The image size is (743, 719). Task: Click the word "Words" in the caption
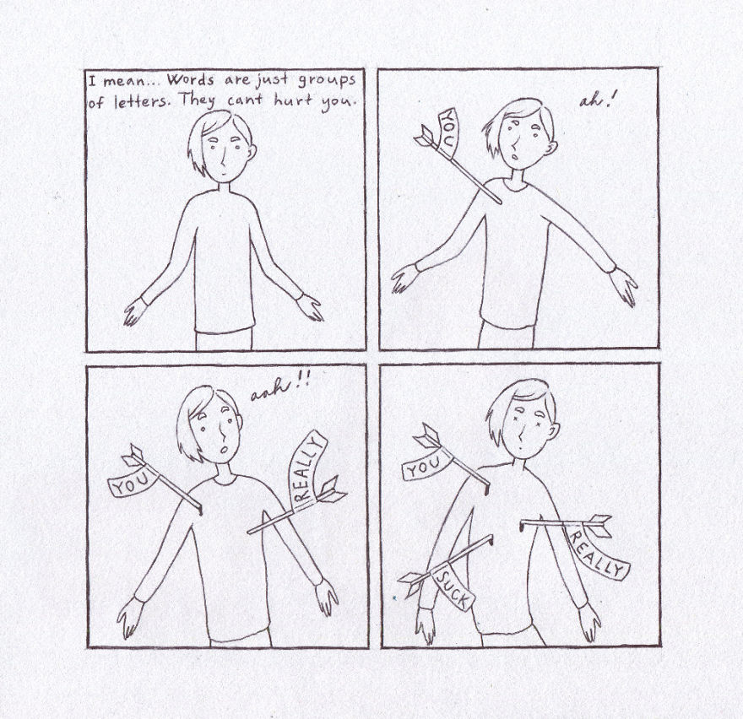(x=189, y=82)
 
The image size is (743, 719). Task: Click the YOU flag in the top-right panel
(x=448, y=132)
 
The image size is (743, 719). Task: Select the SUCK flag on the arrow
(x=453, y=587)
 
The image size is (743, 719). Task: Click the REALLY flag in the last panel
(x=596, y=549)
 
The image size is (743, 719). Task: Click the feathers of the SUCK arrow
(x=414, y=581)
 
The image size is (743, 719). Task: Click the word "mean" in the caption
(x=124, y=82)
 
